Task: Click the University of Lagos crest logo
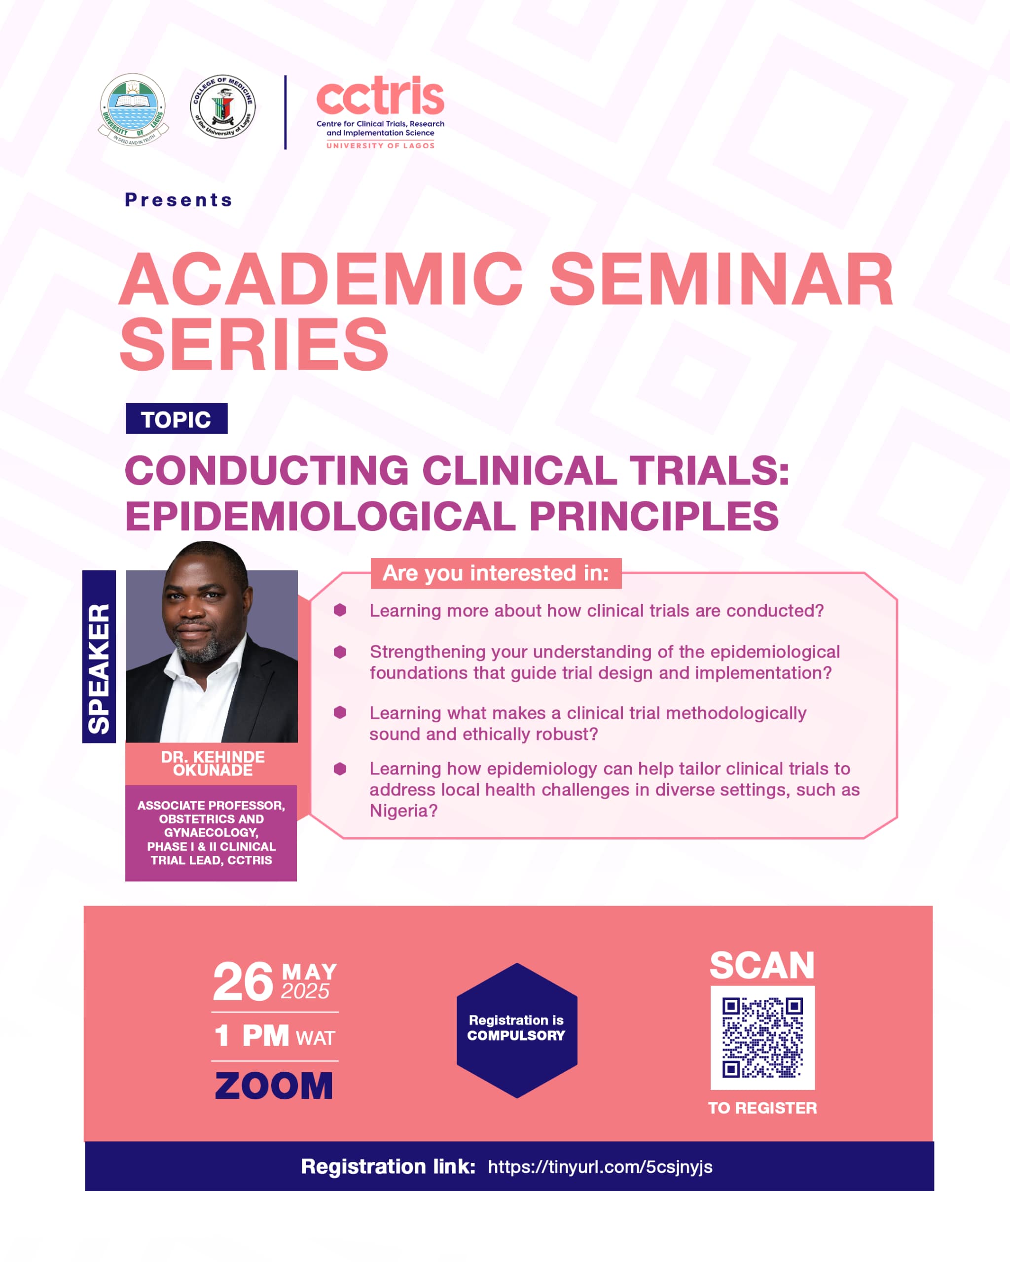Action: coord(133,109)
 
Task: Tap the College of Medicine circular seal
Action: coord(223,106)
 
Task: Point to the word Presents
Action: coord(179,200)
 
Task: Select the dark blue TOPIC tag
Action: coord(176,419)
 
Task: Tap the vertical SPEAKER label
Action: coord(99,656)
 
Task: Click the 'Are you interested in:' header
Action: coord(496,573)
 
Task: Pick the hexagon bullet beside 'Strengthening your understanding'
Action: coord(340,652)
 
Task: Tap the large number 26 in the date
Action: coord(243,982)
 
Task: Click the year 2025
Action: coord(305,991)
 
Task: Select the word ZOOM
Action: coord(274,1086)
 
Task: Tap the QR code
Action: coord(762,1038)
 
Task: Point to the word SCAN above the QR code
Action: coord(762,965)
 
